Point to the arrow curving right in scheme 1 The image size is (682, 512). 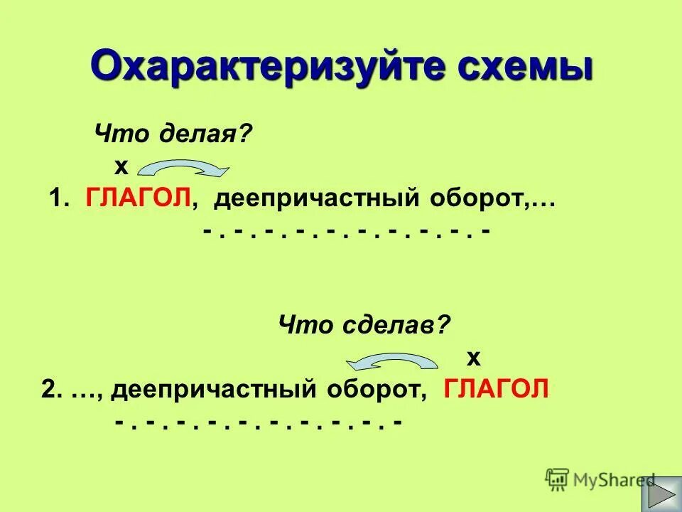click(183, 168)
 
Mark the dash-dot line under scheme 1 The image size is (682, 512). click(346, 232)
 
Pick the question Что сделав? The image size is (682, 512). click(364, 326)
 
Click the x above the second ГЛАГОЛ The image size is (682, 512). click(474, 355)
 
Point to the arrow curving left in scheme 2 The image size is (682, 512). click(391, 363)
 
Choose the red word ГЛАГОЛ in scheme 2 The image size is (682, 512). click(497, 390)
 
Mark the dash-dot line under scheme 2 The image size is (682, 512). click(259, 422)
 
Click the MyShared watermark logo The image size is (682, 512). click(601, 479)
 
